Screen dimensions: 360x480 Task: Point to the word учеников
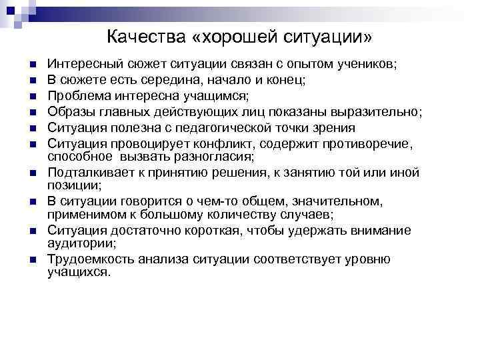pos(367,65)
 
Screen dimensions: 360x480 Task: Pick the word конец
pos(287,81)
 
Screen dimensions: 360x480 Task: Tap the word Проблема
pos(76,96)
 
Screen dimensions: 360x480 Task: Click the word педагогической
pos(233,127)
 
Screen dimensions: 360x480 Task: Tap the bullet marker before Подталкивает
pos(32,173)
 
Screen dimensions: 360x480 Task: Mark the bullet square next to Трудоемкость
pos(32,261)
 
